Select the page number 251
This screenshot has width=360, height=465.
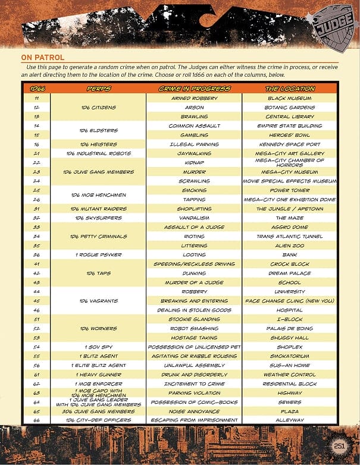click(340, 447)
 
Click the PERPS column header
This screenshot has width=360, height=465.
click(98, 89)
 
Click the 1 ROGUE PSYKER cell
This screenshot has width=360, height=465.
click(98, 255)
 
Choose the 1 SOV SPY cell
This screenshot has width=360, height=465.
click(98, 347)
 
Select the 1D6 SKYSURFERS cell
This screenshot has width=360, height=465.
click(98, 218)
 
